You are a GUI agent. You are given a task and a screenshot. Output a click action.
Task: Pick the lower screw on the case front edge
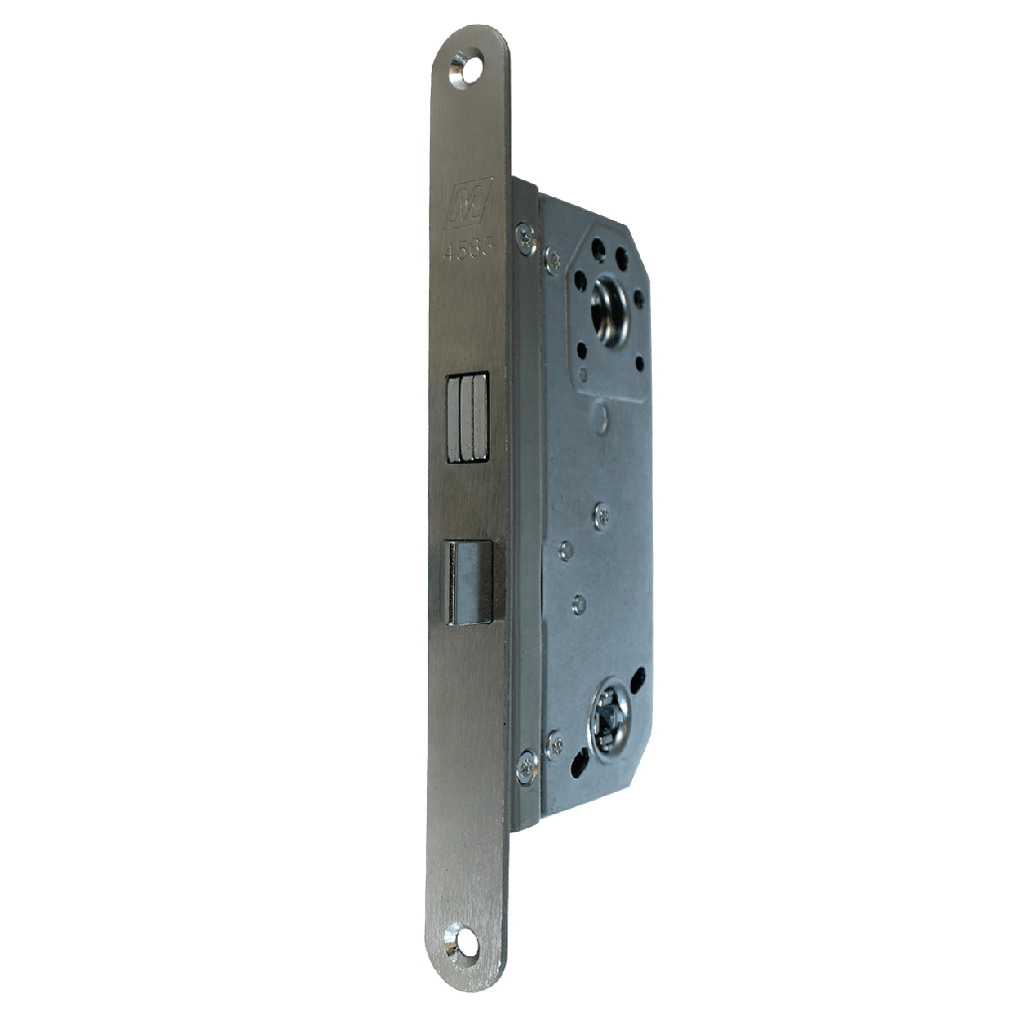tap(526, 766)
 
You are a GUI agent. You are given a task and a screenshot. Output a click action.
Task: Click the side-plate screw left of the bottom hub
tap(554, 742)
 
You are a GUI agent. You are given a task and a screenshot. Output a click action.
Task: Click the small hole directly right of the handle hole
tap(639, 298)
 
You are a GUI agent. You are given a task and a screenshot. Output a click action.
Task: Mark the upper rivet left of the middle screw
tap(565, 549)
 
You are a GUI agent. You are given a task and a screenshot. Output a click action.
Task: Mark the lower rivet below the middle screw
tap(578, 603)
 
